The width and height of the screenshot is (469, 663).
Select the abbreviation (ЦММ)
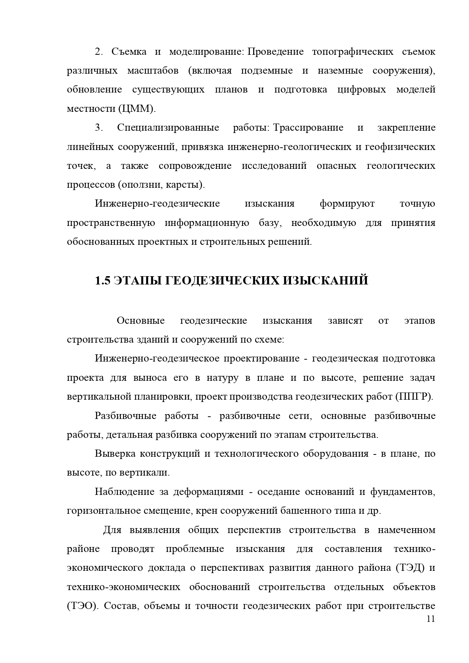pos(136,109)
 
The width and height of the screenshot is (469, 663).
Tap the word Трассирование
pos(308,128)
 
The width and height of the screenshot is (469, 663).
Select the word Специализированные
pos(168,128)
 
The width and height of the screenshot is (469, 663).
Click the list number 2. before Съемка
pos(99,52)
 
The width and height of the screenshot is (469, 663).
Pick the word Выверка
pos(115,454)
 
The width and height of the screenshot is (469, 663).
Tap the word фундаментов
pos(402,492)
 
